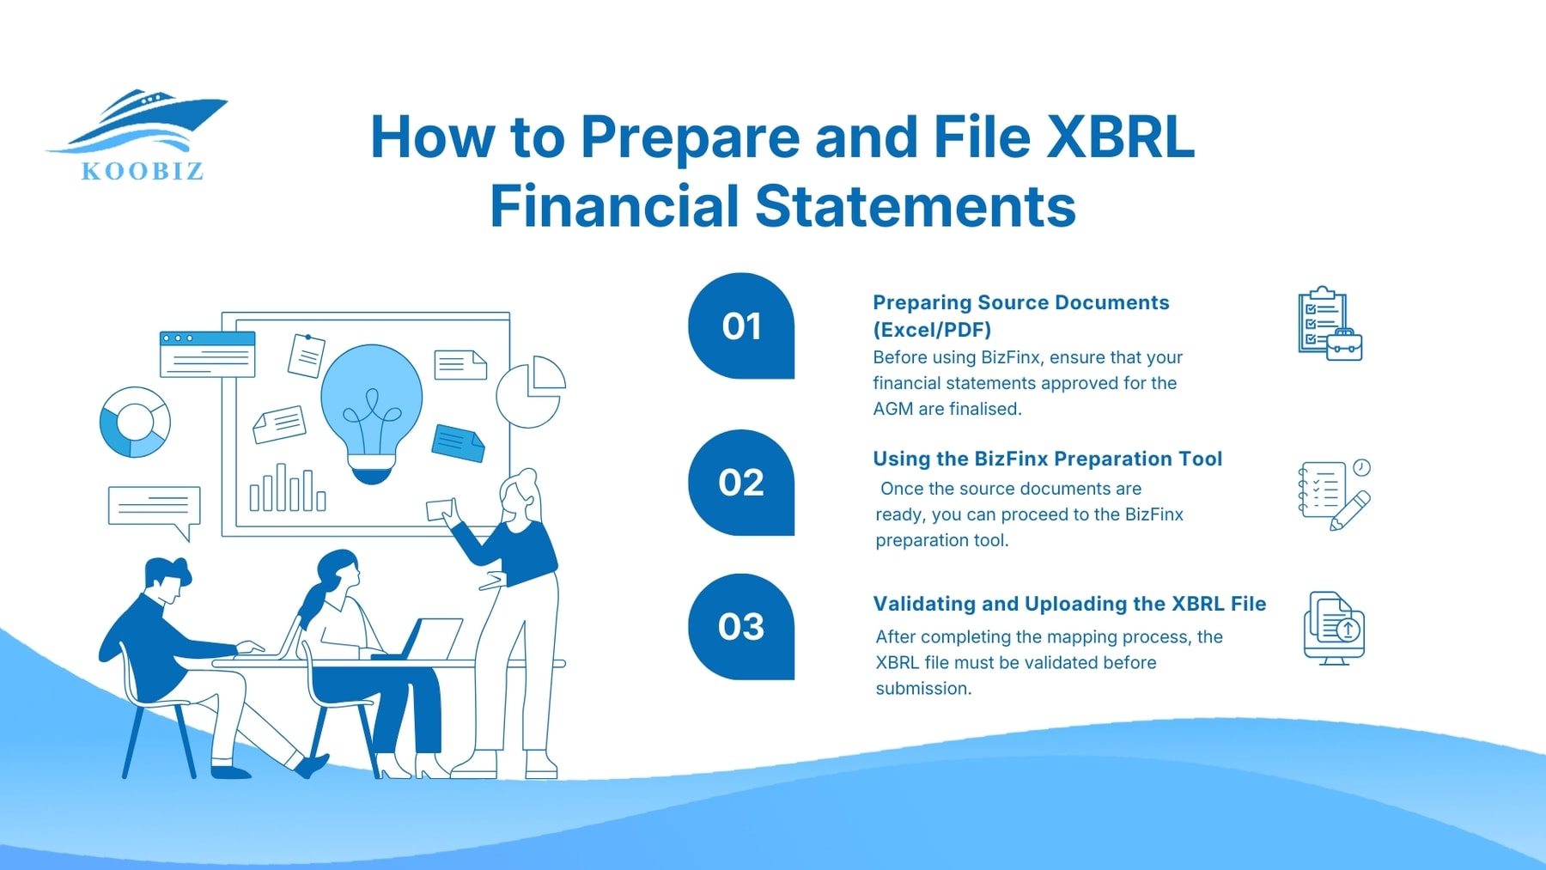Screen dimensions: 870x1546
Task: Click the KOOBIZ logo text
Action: (143, 171)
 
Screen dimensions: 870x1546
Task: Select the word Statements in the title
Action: (914, 206)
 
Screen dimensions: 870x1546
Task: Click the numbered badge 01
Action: (741, 326)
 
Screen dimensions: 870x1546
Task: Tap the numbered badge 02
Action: (741, 483)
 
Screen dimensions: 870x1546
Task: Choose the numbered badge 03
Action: (741, 627)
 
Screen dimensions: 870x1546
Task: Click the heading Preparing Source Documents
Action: (1020, 303)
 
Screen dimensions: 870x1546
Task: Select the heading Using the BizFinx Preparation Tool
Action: (1047, 459)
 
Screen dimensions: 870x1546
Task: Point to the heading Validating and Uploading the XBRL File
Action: (1069, 604)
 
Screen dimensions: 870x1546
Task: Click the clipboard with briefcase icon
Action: (1329, 324)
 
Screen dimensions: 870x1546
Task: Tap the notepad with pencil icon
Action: (1333, 494)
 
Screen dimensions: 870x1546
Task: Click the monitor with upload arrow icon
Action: (1333, 628)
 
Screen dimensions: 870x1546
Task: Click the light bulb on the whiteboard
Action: (372, 408)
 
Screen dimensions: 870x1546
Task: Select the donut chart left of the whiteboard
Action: (135, 422)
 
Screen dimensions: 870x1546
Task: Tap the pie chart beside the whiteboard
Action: (531, 392)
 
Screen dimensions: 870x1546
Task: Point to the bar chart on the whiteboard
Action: (287, 490)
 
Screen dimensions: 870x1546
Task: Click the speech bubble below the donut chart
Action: (155, 508)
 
